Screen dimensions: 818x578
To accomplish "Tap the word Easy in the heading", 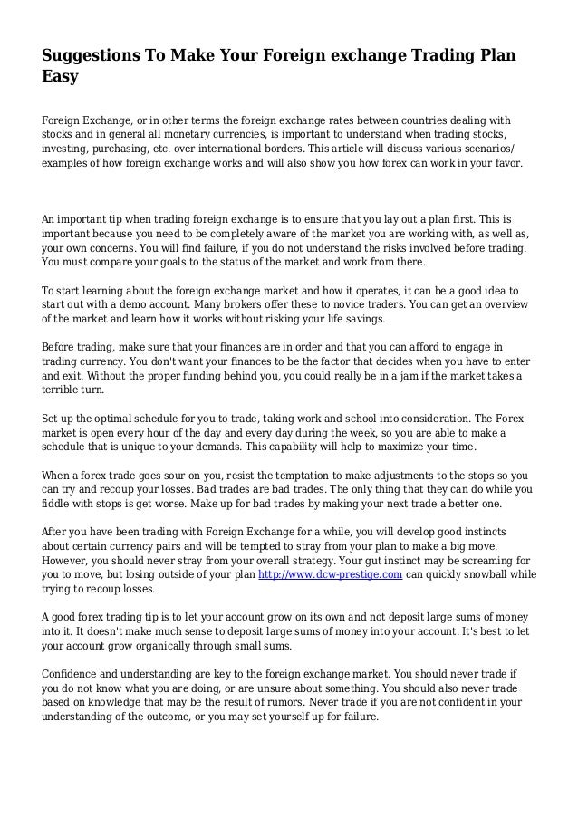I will pyautogui.click(x=61, y=78).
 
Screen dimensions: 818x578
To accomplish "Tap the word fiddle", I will pyautogui.click(x=58, y=506).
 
